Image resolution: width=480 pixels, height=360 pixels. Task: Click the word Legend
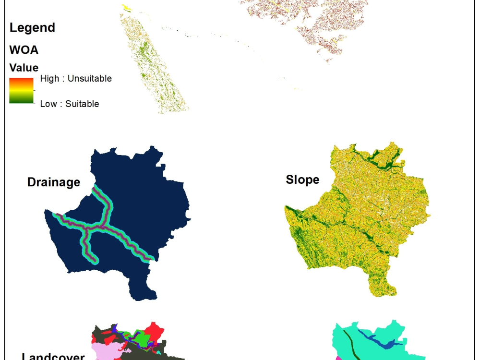pos(32,28)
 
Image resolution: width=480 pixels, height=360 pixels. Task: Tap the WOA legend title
pos(24,50)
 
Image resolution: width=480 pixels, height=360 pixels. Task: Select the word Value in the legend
pos(24,68)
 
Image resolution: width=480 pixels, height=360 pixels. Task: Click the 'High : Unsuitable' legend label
pos(76,78)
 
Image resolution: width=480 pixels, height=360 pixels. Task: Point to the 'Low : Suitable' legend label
pos(70,104)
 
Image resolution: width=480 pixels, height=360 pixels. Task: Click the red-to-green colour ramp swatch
pos(22,91)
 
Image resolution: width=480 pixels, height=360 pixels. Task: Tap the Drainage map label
pos(53,182)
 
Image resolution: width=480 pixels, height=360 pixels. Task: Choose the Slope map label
pos(302,180)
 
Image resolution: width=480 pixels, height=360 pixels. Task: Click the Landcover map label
pos(53,356)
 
